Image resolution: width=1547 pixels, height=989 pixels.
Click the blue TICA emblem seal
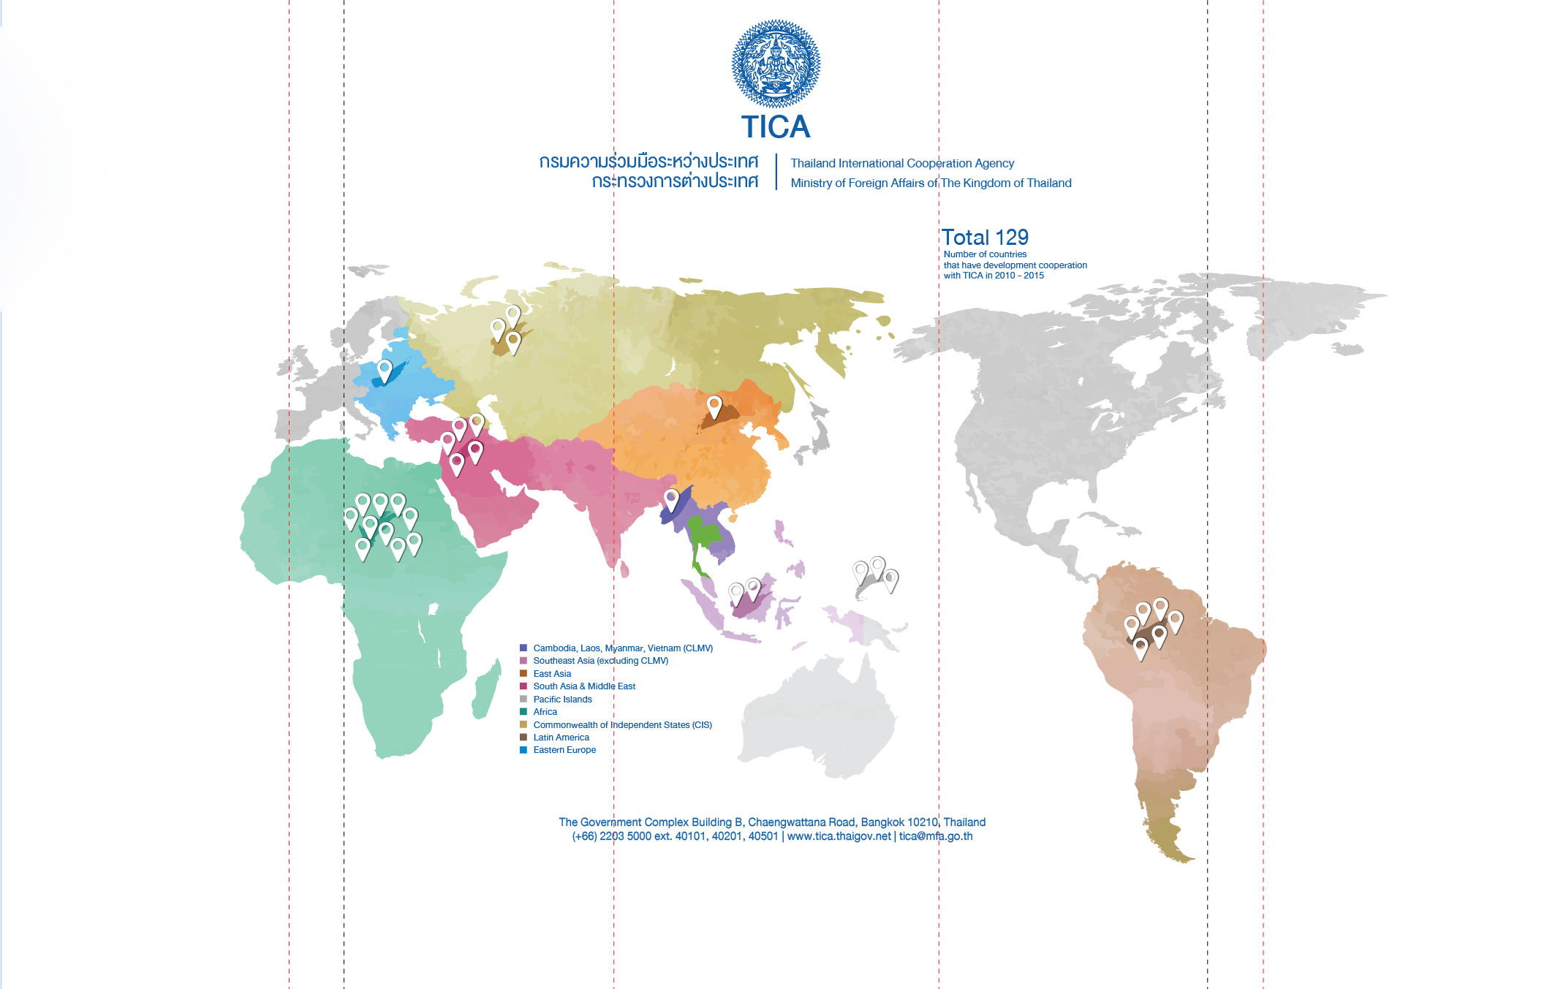pyautogui.click(x=776, y=64)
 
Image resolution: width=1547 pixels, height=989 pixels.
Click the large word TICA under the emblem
pyautogui.click(x=776, y=127)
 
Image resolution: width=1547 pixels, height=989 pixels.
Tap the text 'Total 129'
pyautogui.click(x=985, y=238)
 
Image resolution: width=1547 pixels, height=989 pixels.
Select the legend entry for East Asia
pyautogui.click(x=552, y=674)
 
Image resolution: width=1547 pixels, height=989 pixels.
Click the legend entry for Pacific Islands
pyautogui.click(x=562, y=700)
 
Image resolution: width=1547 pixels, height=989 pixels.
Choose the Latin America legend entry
pyautogui.click(x=561, y=738)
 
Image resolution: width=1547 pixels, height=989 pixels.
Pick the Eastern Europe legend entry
pyautogui.click(x=564, y=750)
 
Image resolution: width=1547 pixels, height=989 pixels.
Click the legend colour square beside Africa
pyautogui.click(x=523, y=712)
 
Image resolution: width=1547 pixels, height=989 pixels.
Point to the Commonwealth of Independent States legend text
pyautogui.click(x=622, y=725)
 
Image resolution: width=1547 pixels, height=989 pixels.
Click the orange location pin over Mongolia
pyautogui.click(x=714, y=405)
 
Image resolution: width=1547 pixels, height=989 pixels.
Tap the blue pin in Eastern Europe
pyautogui.click(x=385, y=369)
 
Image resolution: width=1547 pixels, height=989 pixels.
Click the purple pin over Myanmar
pyautogui.click(x=671, y=499)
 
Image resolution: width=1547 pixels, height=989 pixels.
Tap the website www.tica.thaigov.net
pyautogui.click(x=839, y=836)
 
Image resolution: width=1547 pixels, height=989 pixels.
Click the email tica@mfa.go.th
pyautogui.click(x=936, y=836)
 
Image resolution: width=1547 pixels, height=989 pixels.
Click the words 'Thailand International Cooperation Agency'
pyautogui.click(x=902, y=164)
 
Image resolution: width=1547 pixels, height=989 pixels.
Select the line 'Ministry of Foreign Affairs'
pyautogui.click(x=931, y=183)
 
